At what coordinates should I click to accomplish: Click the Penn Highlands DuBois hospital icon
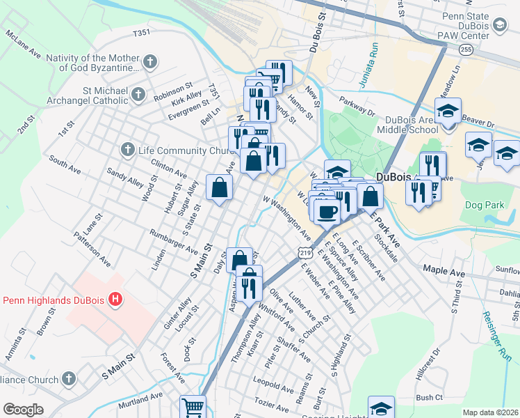(116, 300)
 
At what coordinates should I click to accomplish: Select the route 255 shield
(466, 49)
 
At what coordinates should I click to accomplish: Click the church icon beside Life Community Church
(127, 150)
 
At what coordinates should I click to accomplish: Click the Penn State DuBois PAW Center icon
(500, 26)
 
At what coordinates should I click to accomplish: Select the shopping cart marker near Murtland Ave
(193, 407)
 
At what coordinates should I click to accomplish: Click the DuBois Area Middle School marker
(448, 111)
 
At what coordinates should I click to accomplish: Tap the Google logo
(23, 410)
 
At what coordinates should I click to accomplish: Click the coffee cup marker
(327, 212)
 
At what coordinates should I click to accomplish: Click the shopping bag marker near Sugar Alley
(220, 187)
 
